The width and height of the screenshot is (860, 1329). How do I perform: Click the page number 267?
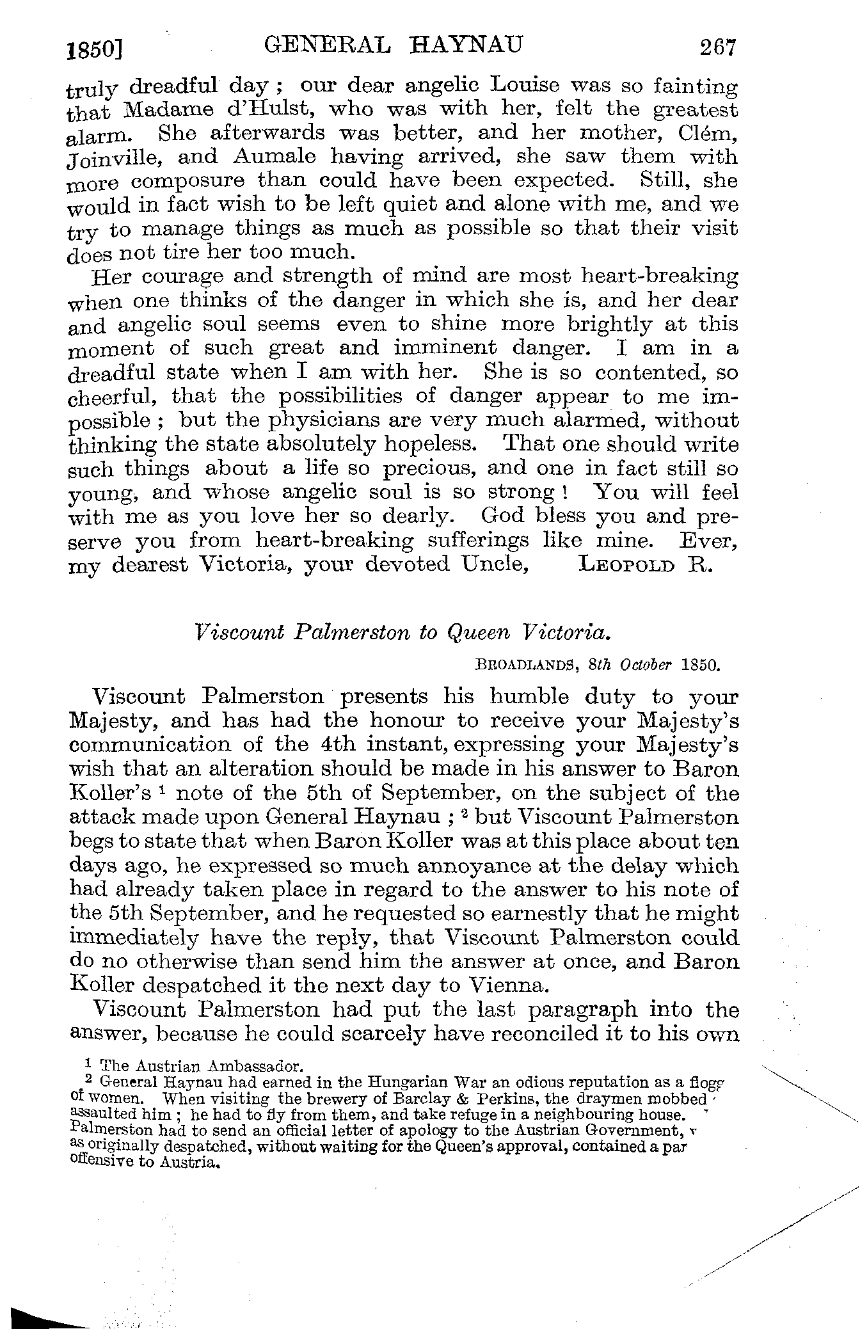tap(719, 47)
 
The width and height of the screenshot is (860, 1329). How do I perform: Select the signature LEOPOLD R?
tap(644, 566)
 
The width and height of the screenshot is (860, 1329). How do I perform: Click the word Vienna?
tap(509, 985)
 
